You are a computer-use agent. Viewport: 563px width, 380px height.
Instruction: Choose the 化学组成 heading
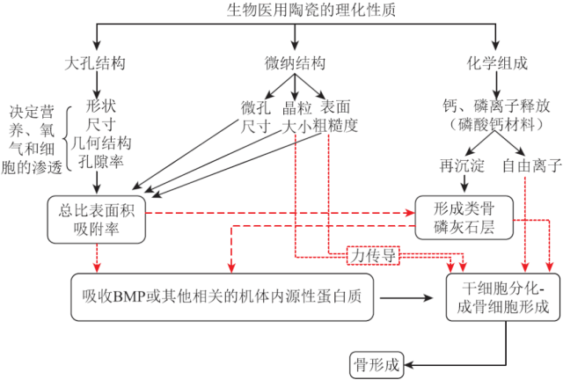click(495, 64)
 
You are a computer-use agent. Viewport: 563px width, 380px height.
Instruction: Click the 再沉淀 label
click(457, 167)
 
